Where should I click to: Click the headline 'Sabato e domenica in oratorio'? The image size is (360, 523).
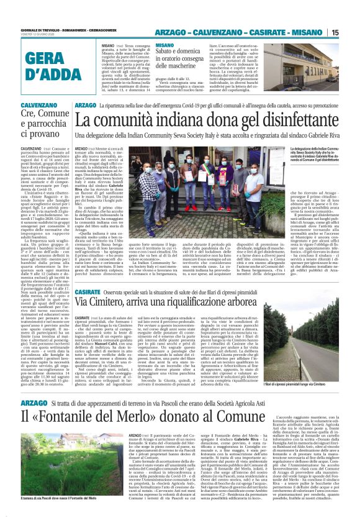pos(181,60)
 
